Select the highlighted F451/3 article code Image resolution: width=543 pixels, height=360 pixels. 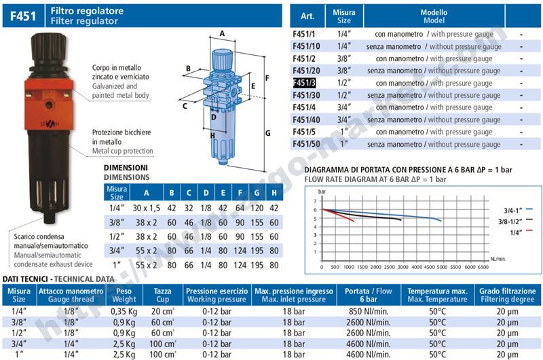click(x=304, y=83)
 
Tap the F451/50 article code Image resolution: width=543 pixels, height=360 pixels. click(x=306, y=144)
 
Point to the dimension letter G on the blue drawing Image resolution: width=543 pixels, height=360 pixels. click(x=268, y=132)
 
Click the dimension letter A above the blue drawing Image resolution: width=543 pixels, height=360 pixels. click(x=222, y=33)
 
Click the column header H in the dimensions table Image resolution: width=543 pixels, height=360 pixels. click(x=274, y=192)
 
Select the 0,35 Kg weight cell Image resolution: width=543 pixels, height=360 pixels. click(x=125, y=311)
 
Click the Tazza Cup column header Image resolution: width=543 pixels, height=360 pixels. click(x=162, y=295)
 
